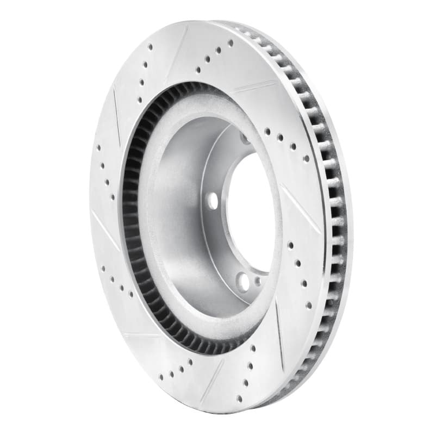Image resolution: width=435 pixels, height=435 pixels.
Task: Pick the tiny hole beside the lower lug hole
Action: [257, 282]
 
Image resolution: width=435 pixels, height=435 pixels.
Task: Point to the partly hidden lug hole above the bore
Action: [246, 139]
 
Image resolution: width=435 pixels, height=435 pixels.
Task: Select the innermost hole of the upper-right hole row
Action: [268, 130]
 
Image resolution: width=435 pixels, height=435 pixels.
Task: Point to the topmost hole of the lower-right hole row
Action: [290, 245]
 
